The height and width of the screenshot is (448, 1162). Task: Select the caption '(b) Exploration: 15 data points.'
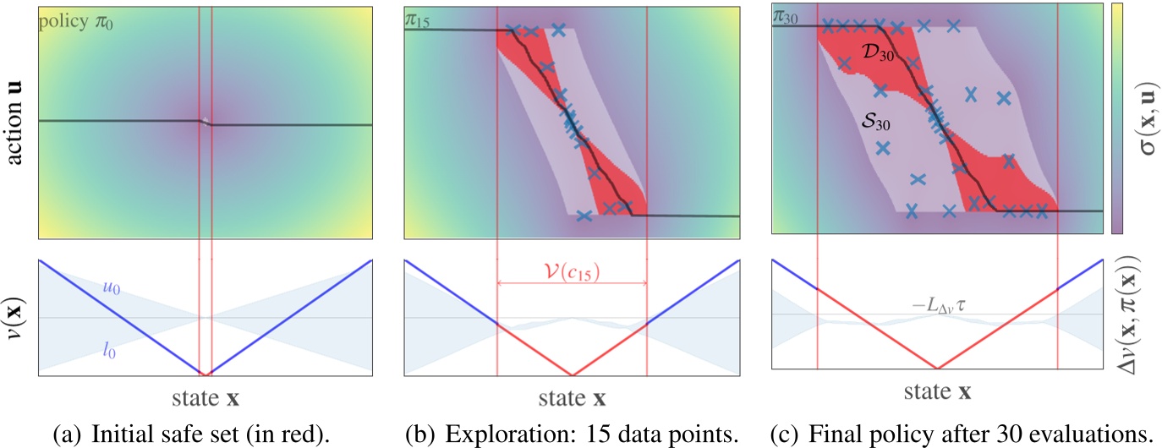point(572,434)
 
